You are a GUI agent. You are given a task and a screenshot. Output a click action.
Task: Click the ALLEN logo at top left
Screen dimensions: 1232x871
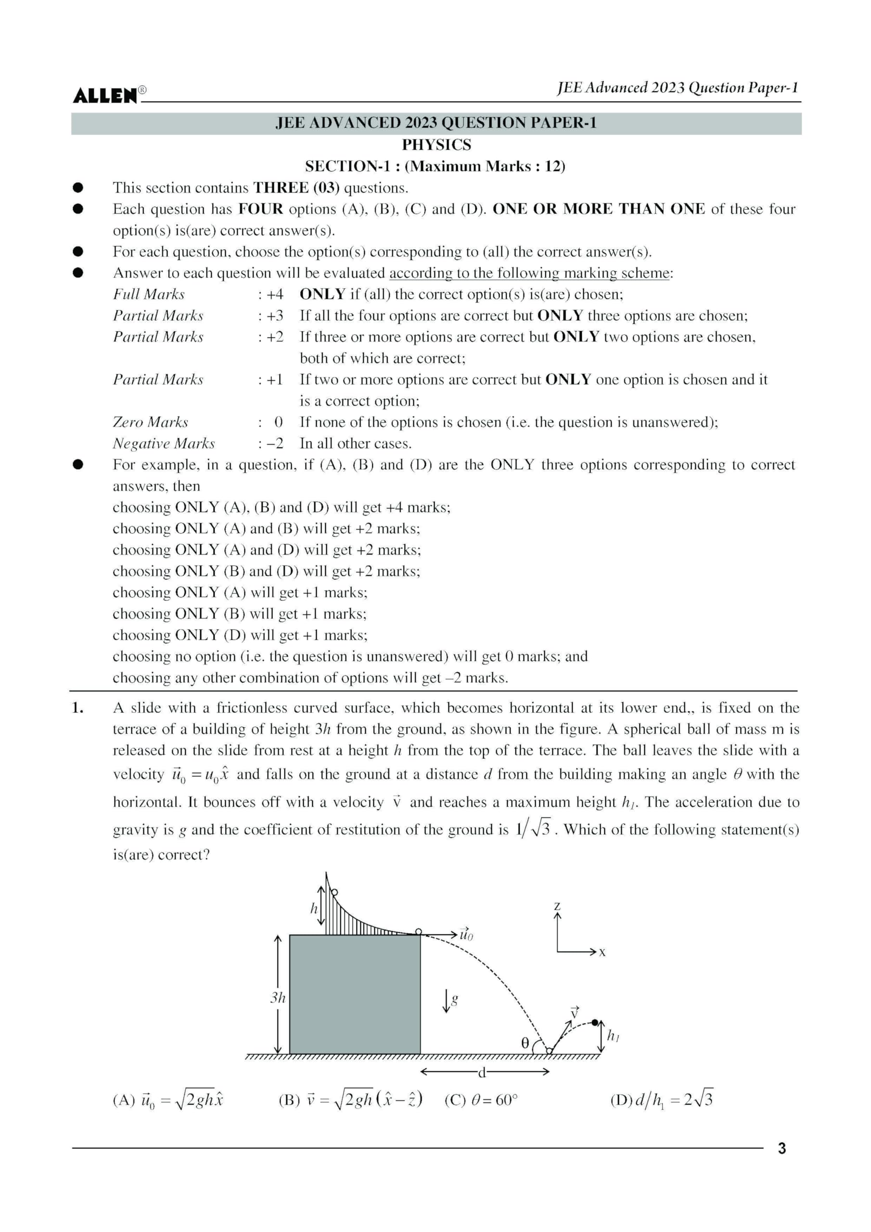click(x=106, y=95)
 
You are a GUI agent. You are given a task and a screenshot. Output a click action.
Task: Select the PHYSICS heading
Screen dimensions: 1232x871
click(x=436, y=145)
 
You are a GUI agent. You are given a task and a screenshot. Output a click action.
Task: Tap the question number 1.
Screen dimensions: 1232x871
click(x=77, y=708)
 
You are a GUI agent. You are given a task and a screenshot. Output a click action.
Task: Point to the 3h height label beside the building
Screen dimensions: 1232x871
click(x=278, y=998)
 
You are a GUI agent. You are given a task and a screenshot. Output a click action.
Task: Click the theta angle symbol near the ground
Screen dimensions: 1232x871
click(x=525, y=1043)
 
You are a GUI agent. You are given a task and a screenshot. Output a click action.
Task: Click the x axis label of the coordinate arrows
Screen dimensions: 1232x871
click(x=602, y=952)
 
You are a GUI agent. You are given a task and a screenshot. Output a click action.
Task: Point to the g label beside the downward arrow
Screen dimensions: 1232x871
click(x=455, y=999)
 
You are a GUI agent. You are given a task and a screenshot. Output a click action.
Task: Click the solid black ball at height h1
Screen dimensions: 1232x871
click(x=595, y=1023)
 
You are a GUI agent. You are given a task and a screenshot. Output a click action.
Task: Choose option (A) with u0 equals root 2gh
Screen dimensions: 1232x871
click(x=167, y=1100)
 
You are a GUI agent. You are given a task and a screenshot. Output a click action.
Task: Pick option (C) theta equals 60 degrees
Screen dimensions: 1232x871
click(x=480, y=1101)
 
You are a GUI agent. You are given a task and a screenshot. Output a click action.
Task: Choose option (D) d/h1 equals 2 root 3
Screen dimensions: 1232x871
click(x=661, y=1100)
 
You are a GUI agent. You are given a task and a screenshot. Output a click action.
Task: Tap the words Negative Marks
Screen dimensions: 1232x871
click(x=163, y=444)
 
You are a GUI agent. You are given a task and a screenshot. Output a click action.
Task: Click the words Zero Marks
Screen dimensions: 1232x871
click(x=150, y=422)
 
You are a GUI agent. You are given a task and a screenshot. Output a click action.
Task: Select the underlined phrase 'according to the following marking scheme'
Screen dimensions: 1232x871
click(x=529, y=273)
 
